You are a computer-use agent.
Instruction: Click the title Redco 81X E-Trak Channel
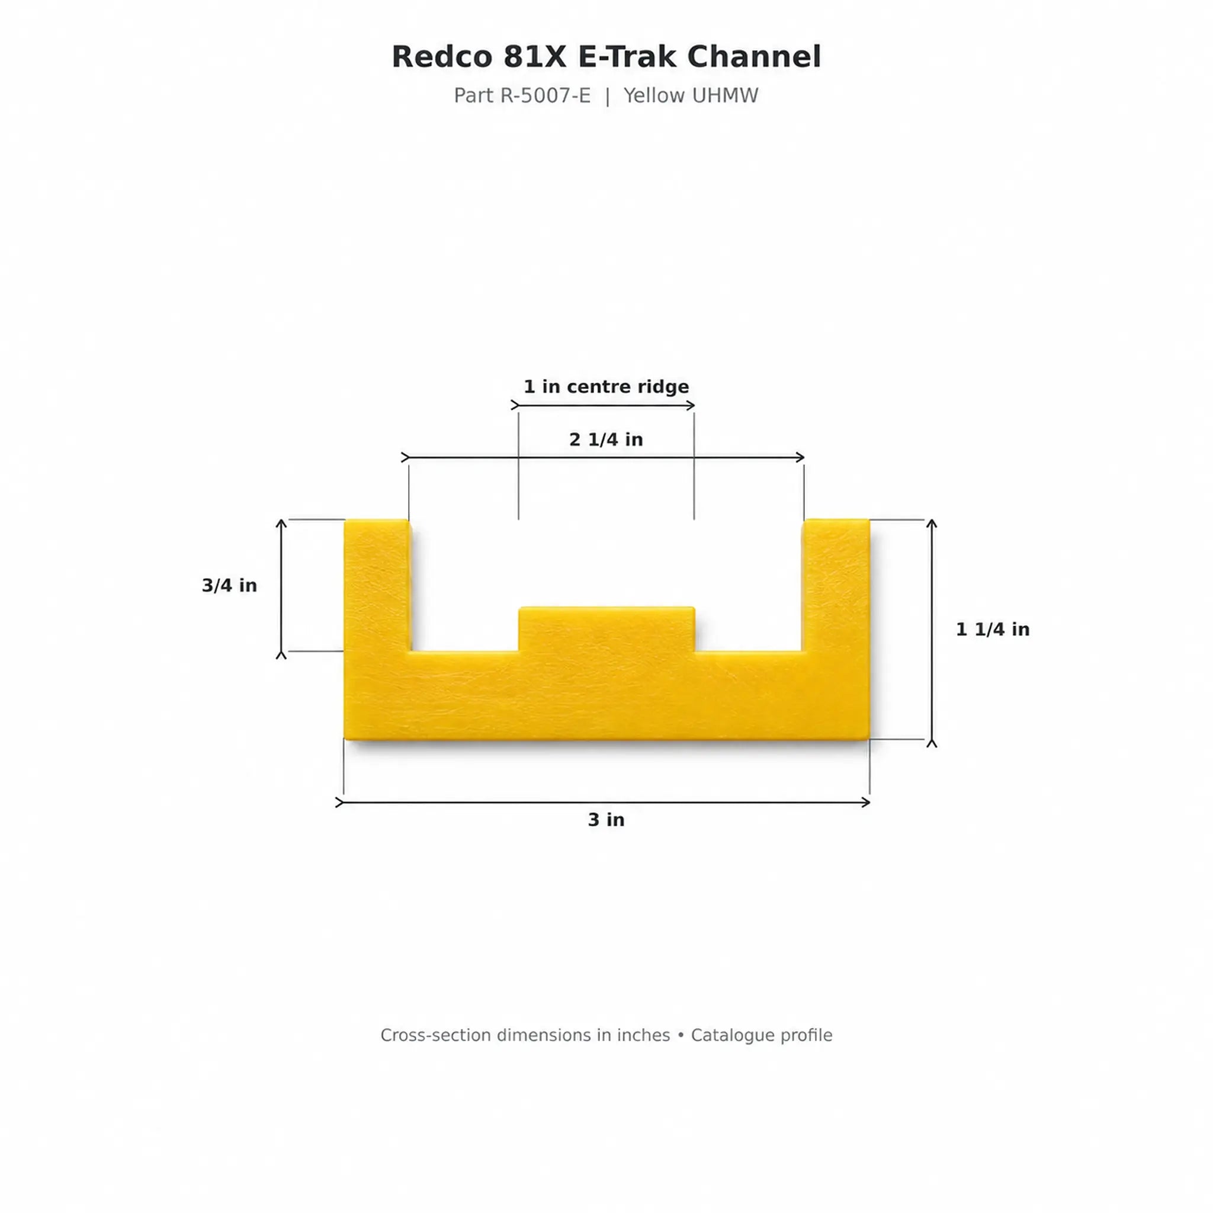coord(606,56)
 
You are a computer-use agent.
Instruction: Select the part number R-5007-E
coord(545,95)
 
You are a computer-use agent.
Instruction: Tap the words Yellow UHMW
coord(691,95)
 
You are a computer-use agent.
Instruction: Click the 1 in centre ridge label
coord(606,386)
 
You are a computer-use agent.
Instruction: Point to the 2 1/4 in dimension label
coord(606,439)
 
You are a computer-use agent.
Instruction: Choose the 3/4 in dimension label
coord(229,585)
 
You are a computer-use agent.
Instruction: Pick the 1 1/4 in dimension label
coord(993,629)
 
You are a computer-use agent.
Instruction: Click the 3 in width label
coord(606,819)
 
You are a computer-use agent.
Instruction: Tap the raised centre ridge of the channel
coord(606,629)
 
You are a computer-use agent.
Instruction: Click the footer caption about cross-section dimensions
coord(606,1035)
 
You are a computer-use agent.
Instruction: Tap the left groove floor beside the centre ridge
coord(464,653)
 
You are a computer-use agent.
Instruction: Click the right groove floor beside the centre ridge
coord(749,653)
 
